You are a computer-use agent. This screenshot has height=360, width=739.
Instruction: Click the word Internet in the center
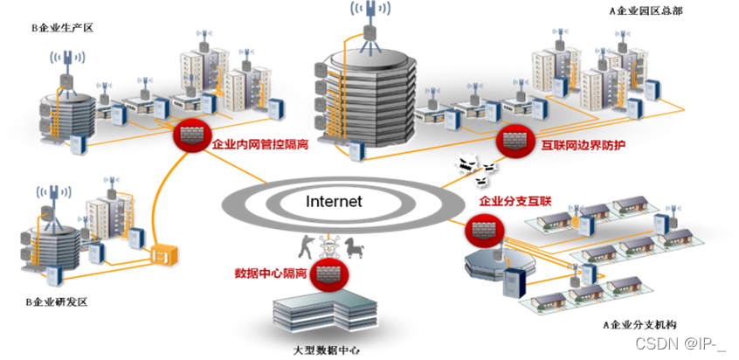[x=333, y=201]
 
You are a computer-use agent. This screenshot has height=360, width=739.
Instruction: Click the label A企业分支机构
[x=640, y=324]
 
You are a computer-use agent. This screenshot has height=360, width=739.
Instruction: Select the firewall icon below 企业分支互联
[x=480, y=229]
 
